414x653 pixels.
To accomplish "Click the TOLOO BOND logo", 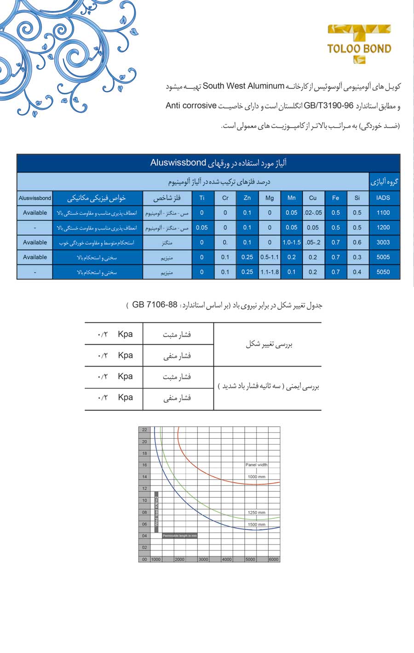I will pos(359,44).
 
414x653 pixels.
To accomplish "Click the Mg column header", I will pos(270,198).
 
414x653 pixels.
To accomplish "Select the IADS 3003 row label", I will pos(383,242).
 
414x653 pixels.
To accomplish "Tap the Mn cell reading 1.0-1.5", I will pos(292,242).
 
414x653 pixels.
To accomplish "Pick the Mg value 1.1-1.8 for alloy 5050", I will pos(270,272).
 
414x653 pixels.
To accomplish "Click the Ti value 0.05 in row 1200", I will pos(201,228).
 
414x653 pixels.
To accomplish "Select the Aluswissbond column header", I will pos(35,198).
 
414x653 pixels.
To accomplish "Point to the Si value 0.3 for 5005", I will pos(357,257).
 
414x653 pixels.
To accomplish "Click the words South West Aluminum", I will pos(243,86).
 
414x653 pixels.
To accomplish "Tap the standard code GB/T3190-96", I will pos(328,106).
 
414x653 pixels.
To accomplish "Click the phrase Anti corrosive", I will pos(191,106).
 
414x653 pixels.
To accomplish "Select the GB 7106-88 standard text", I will pos(155,305).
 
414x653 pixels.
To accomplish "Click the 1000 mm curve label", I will pos(256,477).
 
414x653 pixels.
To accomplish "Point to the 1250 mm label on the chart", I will pos(256,512).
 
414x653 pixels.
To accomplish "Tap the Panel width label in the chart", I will pos(256,465).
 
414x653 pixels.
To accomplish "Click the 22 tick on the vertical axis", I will pos(144,430).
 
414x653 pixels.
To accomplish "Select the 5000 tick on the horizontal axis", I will pos(250,559).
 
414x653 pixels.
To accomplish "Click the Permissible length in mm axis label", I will pos(180,536).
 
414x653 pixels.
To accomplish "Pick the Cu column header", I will pos(313,198).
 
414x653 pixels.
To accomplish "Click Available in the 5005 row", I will pos(35,257).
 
